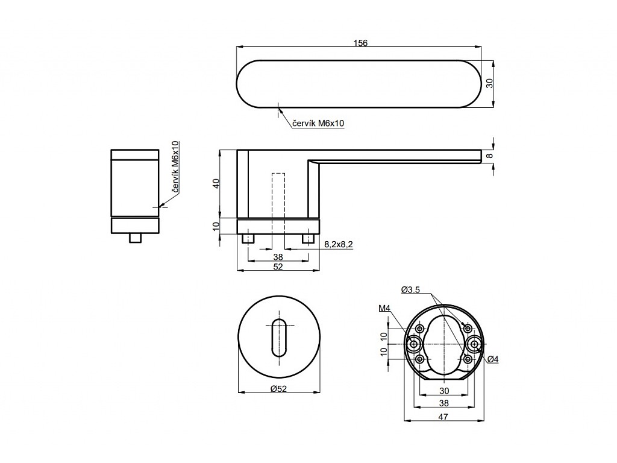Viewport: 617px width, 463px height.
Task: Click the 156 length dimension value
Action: (x=360, y=43)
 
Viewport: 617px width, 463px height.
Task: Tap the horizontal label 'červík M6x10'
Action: (x=318, y=123)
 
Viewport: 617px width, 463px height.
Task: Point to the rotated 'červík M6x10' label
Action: (x=175, y=168)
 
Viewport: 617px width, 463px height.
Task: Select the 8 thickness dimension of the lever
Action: (x=489, y=156)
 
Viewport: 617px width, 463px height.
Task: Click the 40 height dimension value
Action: (x=216, y=183)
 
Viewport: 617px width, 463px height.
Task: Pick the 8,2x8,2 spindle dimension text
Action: (x=339, y=245)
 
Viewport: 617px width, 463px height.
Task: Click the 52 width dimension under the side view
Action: (x=278, y=266)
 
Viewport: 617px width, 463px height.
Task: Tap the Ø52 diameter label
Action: (x=278, y=389)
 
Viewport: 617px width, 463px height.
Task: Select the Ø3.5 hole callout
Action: (x=410, y=290)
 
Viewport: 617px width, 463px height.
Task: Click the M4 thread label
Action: (x=384, y=309)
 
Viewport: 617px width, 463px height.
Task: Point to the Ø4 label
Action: (x=493, y=359)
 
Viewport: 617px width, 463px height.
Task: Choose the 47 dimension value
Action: (x=443, y=417)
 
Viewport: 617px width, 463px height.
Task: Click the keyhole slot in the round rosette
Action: (x=279, y=338)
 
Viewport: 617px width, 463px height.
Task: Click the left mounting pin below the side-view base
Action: (x=249, y=239)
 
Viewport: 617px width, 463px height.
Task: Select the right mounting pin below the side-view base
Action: (x=308, y=239)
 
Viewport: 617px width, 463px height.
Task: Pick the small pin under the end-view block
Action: (x=136, y=238)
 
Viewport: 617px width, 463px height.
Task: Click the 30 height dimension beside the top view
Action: (x=489, y=83)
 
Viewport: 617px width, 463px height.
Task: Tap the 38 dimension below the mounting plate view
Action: (x=444, y=403)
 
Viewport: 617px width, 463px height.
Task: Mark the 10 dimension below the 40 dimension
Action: (x=216, y=226)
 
